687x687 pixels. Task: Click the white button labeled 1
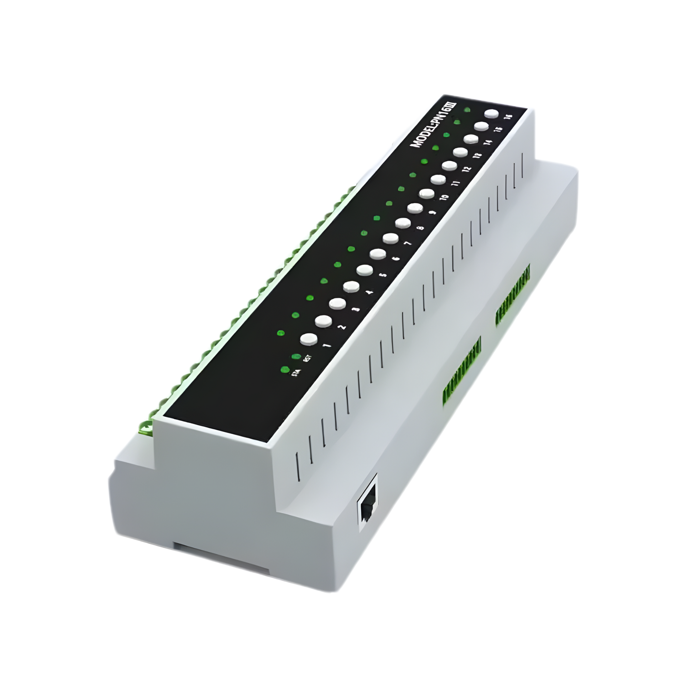click(308, 339)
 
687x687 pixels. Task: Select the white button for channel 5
click(364, 270)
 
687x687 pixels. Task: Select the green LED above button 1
click(281, 332)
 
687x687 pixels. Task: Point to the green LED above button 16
click(467, 110)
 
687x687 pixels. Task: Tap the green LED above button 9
click(388, 203)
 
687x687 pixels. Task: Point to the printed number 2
click(341, 327)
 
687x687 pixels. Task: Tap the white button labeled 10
click(427, 193)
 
